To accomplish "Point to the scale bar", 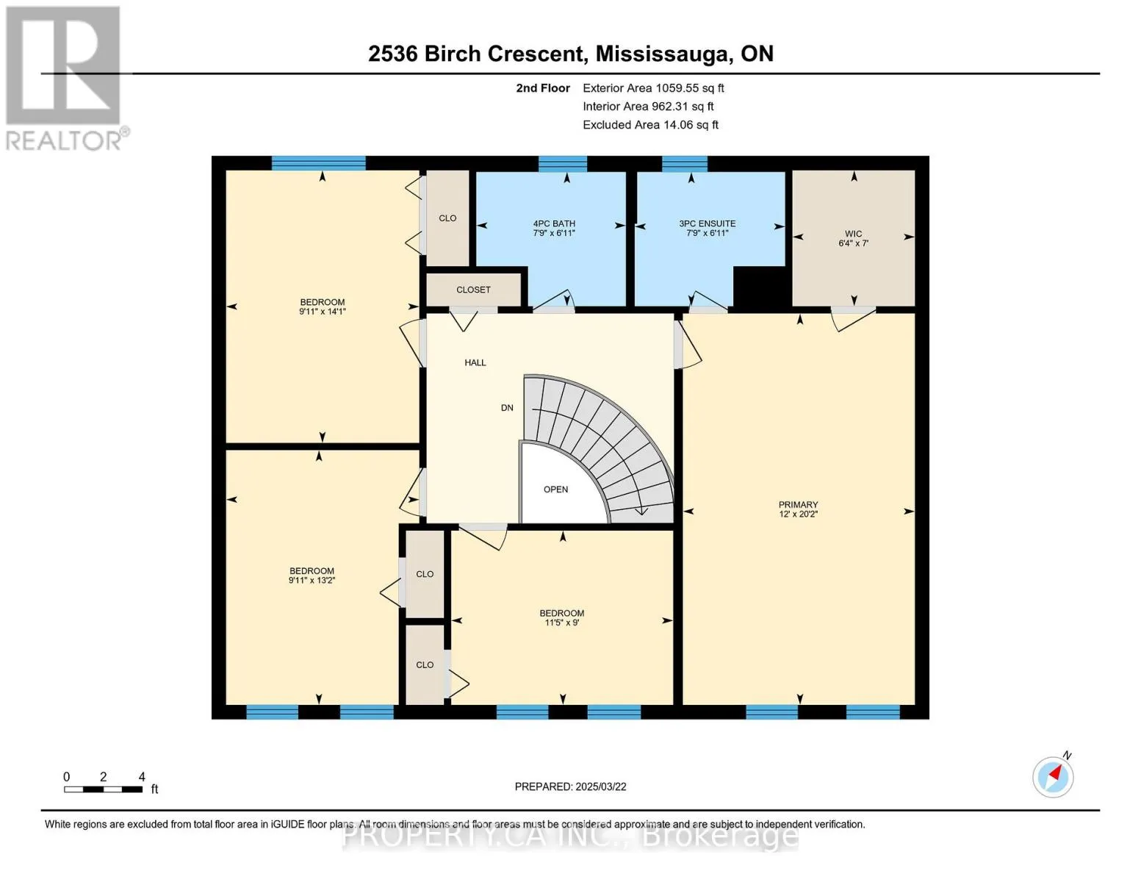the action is (x=104, y=789).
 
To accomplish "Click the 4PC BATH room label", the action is (x=554, y=223).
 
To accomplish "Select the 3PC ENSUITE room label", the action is (x=708, y=223).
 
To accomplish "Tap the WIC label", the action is (x=853, y=234).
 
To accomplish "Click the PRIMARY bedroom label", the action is (x=798, y=504).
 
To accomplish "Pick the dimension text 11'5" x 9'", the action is (x=562, y=623).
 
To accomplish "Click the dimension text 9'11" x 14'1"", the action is (x=323, y=312).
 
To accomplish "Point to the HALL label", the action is (x=475, y=362).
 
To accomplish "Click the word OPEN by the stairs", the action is (x=555, y=490).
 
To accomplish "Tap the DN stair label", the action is (x=507, y=408).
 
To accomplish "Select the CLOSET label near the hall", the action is (x=473, y=290).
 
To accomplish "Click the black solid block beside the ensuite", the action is (x=762, y=287).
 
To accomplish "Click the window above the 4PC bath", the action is (x=562, y=164).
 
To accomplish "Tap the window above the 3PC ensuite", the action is (x=685, y=164).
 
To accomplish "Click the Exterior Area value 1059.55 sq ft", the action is (x=690, y=88).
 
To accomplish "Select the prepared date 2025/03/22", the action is (x=601, y=786).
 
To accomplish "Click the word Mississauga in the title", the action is (x=663, y=54).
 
